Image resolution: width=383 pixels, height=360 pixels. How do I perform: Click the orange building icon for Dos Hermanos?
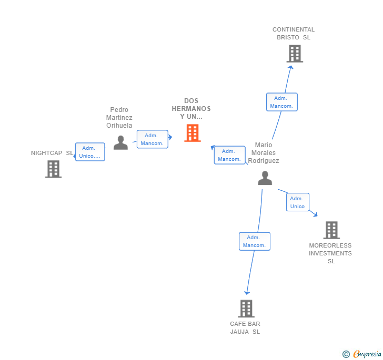click(193, 133)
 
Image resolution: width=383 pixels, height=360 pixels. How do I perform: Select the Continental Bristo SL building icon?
click(295, 54)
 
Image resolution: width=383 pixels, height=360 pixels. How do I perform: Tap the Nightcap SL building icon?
click(53, 169)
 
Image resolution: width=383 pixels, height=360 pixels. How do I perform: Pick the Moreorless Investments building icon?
click(331, 230)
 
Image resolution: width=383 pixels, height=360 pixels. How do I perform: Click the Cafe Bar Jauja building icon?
click(246, 308)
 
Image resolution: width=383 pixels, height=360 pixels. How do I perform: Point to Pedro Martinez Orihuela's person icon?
click(120, 142)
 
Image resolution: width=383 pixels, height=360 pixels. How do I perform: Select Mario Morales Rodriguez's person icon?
click(265, 178)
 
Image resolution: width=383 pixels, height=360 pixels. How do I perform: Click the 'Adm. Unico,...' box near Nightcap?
click(90, 152)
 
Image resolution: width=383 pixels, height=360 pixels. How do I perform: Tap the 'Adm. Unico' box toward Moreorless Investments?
click(297, 202)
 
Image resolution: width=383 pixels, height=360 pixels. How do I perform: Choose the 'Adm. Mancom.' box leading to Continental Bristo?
click(281, 102)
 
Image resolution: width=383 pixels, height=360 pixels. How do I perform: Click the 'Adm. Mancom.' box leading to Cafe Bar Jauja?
click(255, 241)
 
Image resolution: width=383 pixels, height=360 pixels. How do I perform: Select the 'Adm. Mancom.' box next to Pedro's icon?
click(152, 139)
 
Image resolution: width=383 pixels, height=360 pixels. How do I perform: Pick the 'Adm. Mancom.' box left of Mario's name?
click(229, 155)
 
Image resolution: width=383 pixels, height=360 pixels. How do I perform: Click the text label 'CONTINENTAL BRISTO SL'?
click(294, 34)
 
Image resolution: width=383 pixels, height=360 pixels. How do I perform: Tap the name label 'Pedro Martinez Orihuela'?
click(119, 118)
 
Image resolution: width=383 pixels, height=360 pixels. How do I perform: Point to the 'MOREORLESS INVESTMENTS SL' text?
click(330, 253)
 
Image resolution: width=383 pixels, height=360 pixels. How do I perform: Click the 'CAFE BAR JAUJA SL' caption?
click(245, 328)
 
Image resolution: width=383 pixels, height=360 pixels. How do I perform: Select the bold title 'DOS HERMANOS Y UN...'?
click(191, 109)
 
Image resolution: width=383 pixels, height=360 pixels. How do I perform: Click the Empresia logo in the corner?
click(362, 354)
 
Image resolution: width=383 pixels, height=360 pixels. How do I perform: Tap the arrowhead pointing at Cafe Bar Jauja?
click(247, 293)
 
